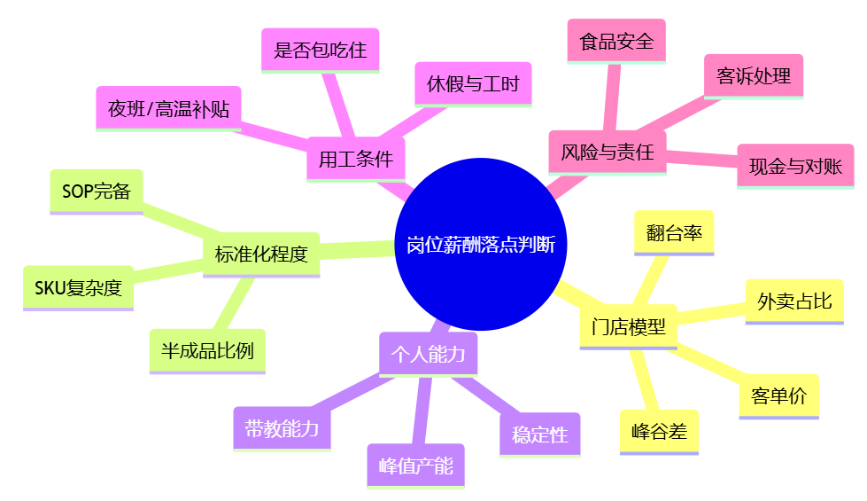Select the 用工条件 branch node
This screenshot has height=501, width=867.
point(355,159)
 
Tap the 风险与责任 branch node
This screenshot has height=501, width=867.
point(607,153)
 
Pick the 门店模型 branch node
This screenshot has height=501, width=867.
point(629,326)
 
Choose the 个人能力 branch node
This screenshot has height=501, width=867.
point(428,354)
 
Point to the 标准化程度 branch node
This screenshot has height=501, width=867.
point(261,254)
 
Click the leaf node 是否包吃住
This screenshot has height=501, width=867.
point(321,50)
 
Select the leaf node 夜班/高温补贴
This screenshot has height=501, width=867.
point(168,109)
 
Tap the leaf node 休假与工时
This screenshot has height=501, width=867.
point(473,84)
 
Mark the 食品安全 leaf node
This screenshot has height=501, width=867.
point(616,42)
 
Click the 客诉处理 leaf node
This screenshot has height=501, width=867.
point(754,76)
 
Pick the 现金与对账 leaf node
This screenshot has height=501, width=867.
point(795,166)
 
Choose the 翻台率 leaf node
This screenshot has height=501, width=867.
point(674,232)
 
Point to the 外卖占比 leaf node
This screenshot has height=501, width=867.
point(794,301)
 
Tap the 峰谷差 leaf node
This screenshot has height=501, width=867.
point(659,432)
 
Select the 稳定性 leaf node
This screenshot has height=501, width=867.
point(539,434)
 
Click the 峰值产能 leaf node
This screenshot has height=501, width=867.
point(415,466)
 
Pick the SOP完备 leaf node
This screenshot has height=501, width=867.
point(97,191)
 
